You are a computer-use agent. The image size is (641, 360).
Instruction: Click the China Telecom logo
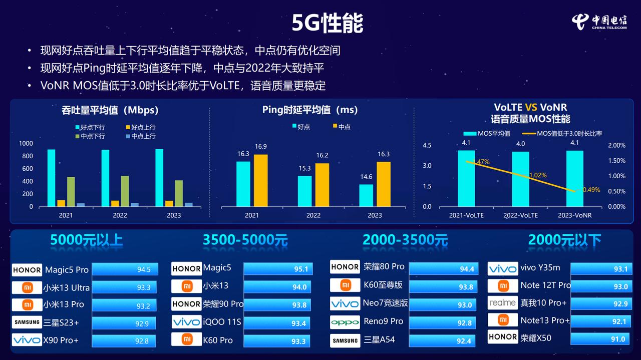pyautogui.click(x=599, y=22)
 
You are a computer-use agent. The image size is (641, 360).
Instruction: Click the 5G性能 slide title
pyautogui.click(x=328, y=23)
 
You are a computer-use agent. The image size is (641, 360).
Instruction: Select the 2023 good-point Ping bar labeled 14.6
pyautogui.click(x=366, y=195)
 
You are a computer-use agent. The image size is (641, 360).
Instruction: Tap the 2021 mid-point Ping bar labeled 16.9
pyautogui.click(x=260, y=180)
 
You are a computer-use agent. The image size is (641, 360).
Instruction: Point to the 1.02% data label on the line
pyautogui.click(x=538, y=175)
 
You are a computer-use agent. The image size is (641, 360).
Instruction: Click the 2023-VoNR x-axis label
pyautogui.click(x=574, y=215)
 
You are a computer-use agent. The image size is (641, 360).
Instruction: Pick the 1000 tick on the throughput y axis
pyautogui.click(x=26, y=144)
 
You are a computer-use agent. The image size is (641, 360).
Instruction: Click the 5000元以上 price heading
pyautogui.click(x=86, y=240)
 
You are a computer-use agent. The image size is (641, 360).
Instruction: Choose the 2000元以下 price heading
pyautogui.click(x=564, y=240)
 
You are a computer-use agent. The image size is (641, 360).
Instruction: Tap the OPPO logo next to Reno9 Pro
pyautogui.click(x=345, y=322)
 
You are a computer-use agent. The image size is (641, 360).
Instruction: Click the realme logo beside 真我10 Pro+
pyautogui.click(x=502, y=303)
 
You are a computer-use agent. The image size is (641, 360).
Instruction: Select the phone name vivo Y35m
pyautogui.click(x=540, y=268)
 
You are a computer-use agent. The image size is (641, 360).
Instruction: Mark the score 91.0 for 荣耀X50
pyautogui.click(x=617, y=339)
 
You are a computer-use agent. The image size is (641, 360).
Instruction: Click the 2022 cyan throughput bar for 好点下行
pyautogui.click(x=105, y=178)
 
